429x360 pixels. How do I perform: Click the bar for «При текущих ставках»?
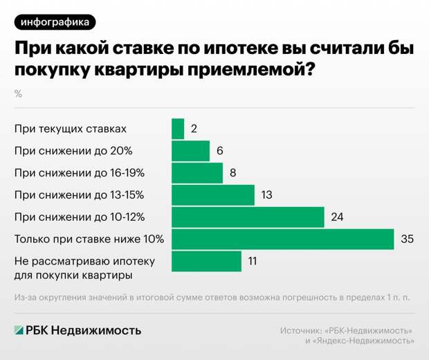[178, 129]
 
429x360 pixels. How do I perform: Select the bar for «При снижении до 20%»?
[190, 151]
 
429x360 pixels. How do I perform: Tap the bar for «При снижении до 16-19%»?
[197, 173]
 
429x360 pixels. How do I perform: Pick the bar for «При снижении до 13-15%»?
[213, 195]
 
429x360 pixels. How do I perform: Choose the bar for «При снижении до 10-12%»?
[248, 217]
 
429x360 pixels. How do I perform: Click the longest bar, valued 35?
[282, 240]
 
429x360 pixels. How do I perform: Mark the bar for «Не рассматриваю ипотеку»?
[206, 262]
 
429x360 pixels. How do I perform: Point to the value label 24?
[338, 217]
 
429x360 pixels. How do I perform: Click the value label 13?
[268, 195]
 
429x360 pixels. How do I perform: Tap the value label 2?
[194, 129]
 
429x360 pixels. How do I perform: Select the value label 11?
[254, 262]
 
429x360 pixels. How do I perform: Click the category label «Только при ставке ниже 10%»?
[89, 240]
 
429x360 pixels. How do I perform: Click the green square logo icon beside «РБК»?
[20, 330]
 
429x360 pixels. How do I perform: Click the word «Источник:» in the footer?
[302, 330]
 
